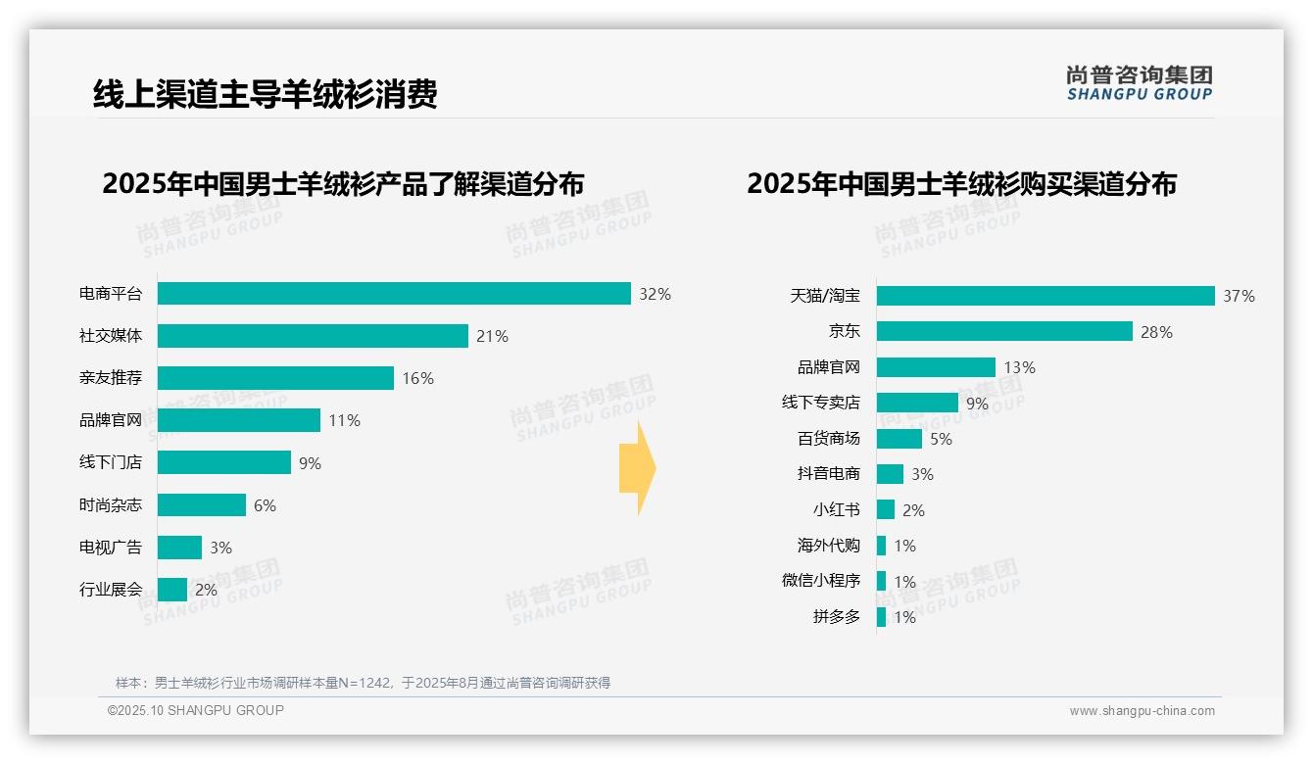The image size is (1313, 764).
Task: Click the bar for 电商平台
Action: point(394,294)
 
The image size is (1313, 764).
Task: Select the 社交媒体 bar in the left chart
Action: point(313,336)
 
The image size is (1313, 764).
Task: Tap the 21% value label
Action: point(492,336)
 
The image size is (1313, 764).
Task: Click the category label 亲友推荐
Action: point(111,378)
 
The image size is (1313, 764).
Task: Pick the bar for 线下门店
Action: point(224,462)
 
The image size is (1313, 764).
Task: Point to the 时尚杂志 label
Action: point(111,505)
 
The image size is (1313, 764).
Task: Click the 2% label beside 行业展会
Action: point(206,590)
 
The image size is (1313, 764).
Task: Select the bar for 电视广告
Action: point(179,548)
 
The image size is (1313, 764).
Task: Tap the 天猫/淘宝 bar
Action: point(1046,296)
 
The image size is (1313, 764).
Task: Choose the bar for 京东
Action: point(1004,331)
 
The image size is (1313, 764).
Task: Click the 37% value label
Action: point(1239,296)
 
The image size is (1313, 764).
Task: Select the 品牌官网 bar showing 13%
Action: point(936,367)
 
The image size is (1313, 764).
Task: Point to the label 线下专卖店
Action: point(820,403)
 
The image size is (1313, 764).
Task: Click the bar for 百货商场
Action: point(900,439)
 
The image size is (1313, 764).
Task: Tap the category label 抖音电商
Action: point(828,474)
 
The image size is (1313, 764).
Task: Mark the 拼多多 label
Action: point(836,617)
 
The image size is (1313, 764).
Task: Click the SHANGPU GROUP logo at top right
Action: point(1139,83)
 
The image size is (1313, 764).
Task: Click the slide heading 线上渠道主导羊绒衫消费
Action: point(265,94)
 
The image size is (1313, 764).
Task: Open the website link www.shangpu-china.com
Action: point(1142,711)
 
